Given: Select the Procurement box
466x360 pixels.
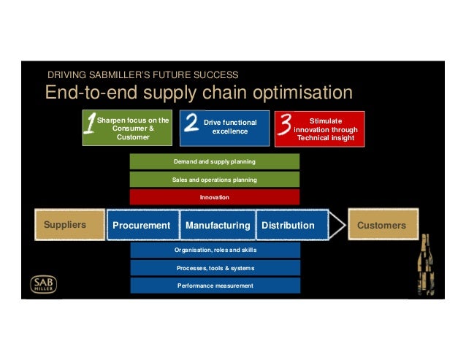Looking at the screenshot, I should pos(142,226).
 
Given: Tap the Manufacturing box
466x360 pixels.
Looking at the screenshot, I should pos(218,226).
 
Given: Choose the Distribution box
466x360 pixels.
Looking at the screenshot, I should pos(288,226).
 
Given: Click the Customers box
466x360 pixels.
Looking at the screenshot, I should pos(382,225).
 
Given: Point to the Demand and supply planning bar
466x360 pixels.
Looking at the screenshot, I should pos(215,161).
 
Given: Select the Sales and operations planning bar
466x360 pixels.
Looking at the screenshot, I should pos(215,179).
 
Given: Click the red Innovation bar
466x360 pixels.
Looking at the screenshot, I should pos(215,197).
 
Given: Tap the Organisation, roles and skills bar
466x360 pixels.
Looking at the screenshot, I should pos(215,250).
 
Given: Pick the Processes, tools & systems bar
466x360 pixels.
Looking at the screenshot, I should pos(215,268).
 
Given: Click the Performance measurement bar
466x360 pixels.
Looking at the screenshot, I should pos(215,286).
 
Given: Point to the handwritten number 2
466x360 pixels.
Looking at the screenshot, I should pos(191,123).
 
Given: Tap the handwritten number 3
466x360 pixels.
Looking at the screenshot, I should pos(285,126).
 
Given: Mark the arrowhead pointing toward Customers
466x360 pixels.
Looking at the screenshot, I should pos(337,225).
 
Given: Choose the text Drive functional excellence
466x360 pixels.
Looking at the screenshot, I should pos(230,127).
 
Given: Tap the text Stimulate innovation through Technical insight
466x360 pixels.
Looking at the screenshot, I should pos(326,129).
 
